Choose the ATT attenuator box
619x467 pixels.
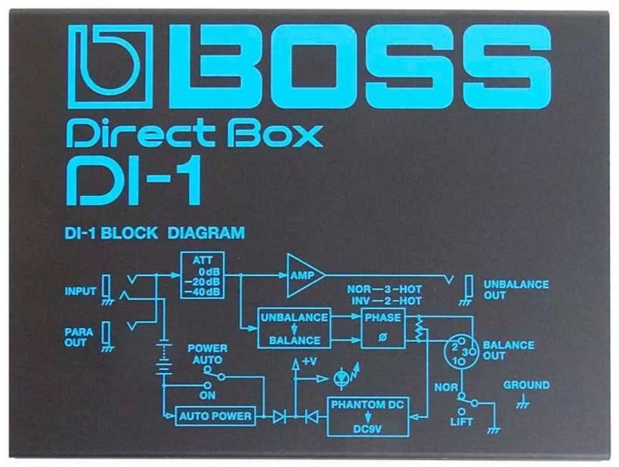[x=203, y=275]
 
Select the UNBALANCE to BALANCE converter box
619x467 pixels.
[x=294, y=328]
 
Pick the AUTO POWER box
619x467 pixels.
[x=215, y=415]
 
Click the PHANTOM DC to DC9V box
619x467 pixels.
[x=367, y=415]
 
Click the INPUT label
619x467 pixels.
[x=80, y=292]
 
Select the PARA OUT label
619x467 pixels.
[x=79, y=336]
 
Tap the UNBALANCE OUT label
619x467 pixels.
[x=516, y=290]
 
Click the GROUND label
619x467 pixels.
[x=526, y=385]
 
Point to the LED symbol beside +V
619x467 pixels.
[x=341, y=376]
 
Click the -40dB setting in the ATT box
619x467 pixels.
[x=203, y=292]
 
